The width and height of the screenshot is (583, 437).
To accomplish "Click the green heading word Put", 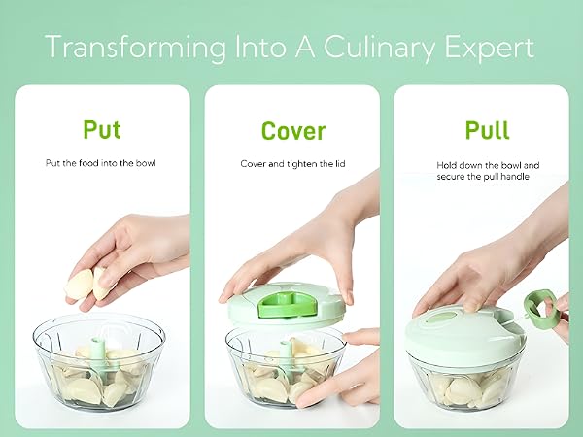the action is point(102,129).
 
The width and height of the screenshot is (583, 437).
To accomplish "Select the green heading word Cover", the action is point(293,131).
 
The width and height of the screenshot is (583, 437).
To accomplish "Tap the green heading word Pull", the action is point(487,130).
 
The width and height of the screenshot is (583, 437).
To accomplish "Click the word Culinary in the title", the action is point(379,48).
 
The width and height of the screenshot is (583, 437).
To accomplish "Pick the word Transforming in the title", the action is point(136,49).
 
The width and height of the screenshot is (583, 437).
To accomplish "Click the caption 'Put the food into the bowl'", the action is point(100,163).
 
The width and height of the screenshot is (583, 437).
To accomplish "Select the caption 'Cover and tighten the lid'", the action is point(293,164).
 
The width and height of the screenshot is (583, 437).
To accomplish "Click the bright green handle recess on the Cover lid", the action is point(287,305).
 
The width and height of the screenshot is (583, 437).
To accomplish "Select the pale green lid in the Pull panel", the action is point(465,334).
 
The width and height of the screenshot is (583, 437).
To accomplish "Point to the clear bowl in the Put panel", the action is point(98,361).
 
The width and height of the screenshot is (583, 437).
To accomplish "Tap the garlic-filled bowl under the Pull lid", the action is point(466,382).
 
